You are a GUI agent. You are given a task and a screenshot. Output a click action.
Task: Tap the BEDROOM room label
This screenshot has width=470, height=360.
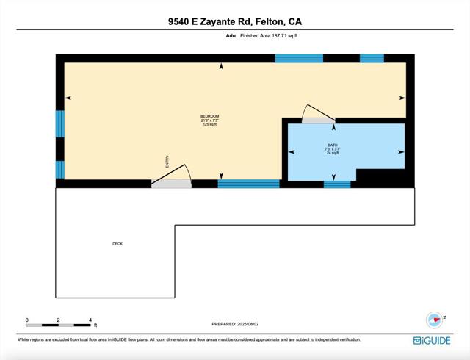[x=211, y=117]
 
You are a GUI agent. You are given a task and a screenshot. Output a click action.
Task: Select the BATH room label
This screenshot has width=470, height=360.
[x=333, y=145]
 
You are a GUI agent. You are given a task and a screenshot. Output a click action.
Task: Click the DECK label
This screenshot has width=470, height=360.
[x=117, y=244]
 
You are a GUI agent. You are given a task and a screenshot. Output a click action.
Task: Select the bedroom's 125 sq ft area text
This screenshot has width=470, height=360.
[x=211, y=125]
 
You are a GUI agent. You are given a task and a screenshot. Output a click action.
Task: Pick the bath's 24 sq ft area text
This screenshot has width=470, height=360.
[x=333, y=154]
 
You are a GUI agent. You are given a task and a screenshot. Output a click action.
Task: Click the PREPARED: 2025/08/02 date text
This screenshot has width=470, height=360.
[x=235, y=323]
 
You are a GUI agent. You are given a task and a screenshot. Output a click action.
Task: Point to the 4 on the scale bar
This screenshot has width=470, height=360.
[x=90, y=320]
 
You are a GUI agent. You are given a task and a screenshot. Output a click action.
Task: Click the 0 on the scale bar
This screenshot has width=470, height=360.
[x=27, y=320]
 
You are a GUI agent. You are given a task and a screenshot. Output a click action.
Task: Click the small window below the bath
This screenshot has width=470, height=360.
[x=337, y=184]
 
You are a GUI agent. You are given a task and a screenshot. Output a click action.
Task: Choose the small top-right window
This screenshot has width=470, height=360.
[x=372, y=58]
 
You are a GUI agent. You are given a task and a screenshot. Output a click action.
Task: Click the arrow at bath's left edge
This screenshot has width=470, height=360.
[x=292, y=152]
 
